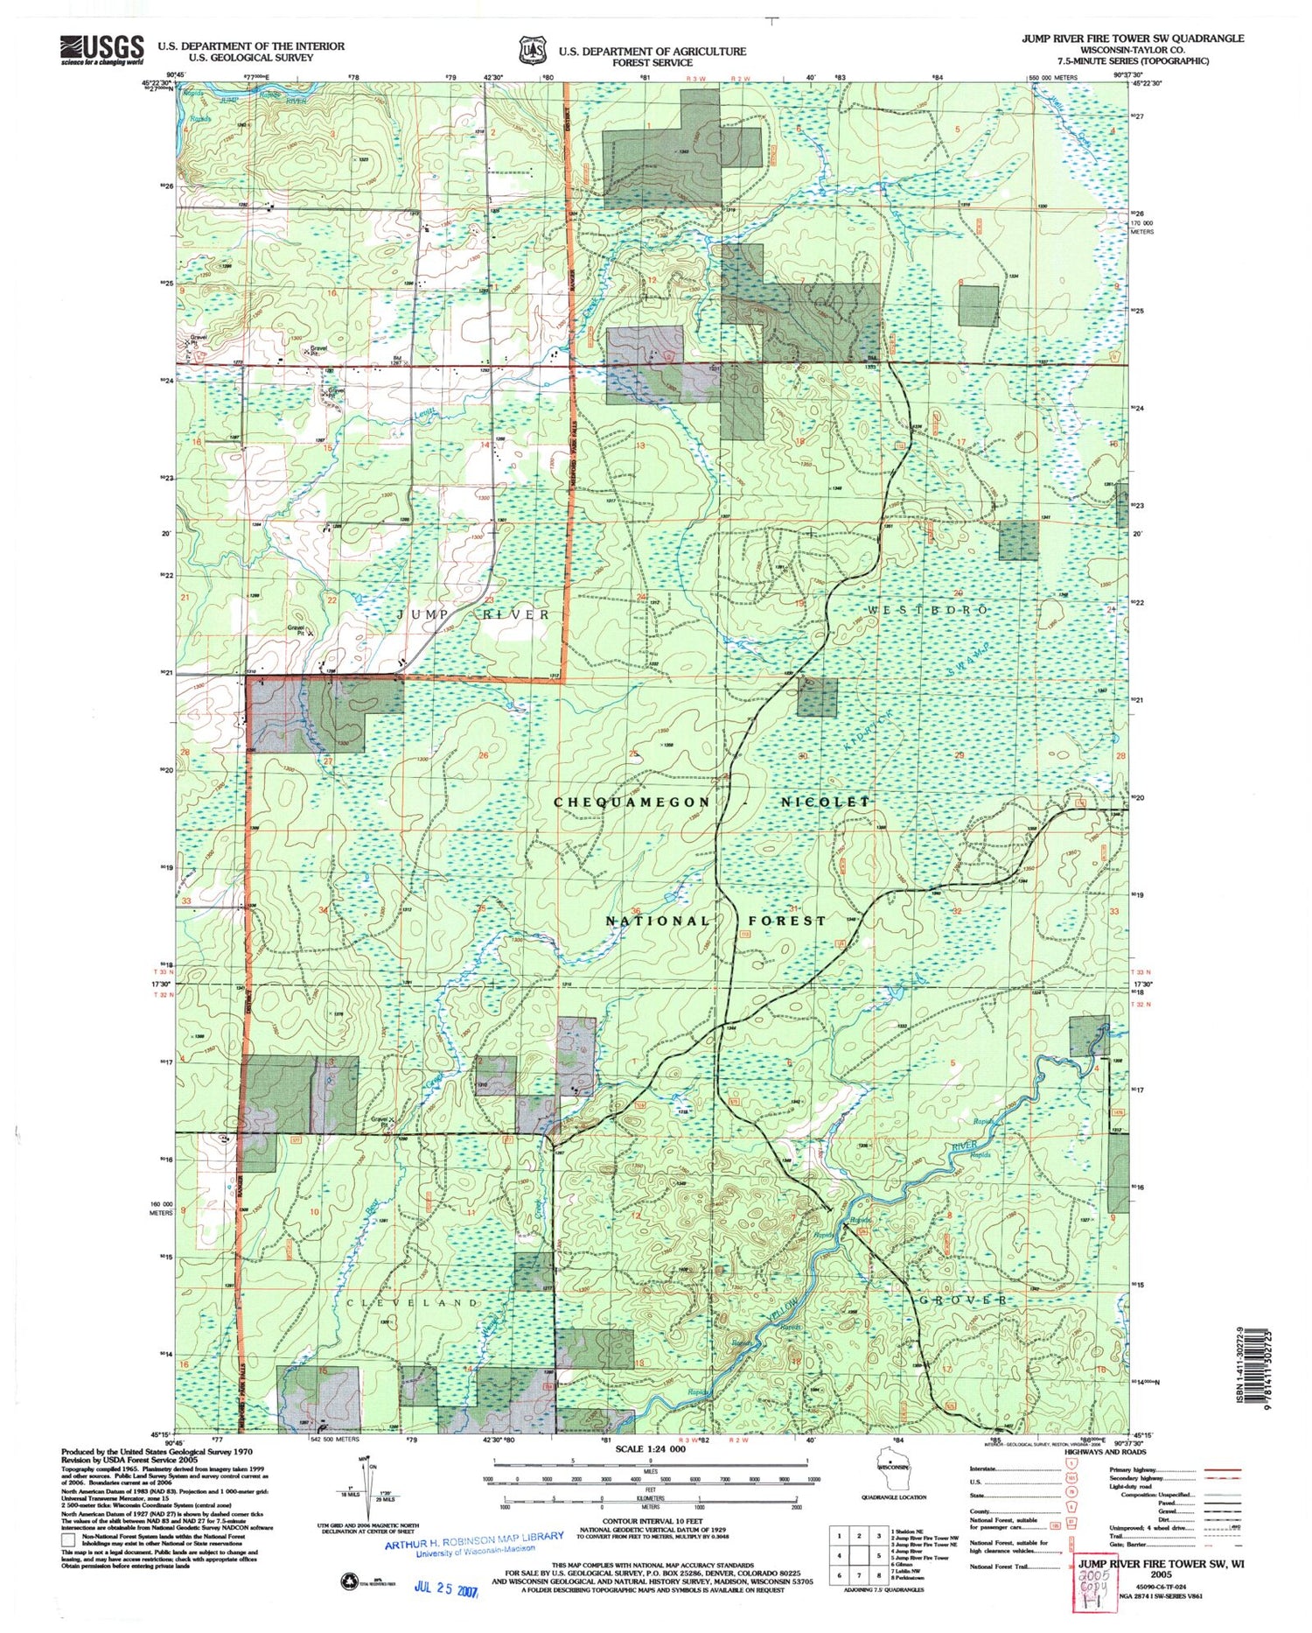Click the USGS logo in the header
[x=101, y=49]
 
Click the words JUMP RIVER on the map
[x=473, y=614]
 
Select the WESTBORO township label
[x=928, y=609]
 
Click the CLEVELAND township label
[x=412, y=1302]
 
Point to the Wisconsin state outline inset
[x=890, y=1470]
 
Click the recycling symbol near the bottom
[x=347, y=1580]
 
